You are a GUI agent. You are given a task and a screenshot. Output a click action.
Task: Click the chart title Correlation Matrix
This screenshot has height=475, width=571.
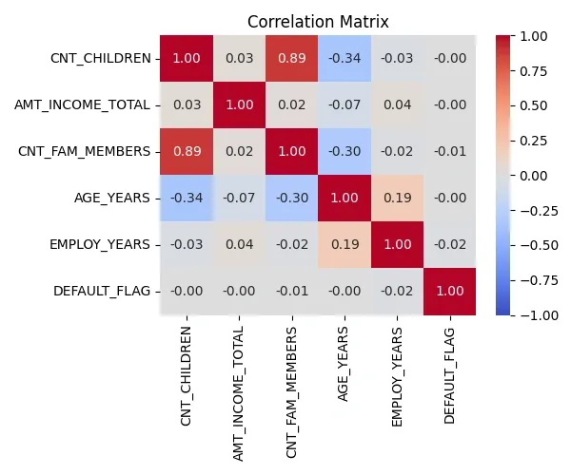coord(318,20)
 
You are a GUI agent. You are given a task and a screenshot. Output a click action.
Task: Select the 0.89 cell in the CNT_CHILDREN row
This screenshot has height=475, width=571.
coord(291,58)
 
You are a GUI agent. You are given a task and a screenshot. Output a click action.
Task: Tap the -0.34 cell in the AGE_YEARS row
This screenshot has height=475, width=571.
coord(186,198)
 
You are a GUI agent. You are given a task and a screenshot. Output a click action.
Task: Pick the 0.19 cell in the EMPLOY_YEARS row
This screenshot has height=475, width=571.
coord(345,244)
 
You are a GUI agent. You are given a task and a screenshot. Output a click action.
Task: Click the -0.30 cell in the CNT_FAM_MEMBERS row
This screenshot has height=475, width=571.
coord(345,151)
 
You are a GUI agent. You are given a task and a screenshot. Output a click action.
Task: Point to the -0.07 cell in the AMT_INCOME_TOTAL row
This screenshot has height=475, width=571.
coord(345,104)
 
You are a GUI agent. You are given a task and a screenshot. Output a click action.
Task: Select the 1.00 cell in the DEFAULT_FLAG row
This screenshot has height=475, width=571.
coord(450,291)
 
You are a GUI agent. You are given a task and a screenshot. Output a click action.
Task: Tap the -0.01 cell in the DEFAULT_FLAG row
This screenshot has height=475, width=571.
coord(291,291)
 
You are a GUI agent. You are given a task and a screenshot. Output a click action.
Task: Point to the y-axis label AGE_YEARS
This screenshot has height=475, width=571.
coord(112,198)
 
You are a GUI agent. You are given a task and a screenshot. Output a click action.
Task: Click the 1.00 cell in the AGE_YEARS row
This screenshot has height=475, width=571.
coord(345,198)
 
